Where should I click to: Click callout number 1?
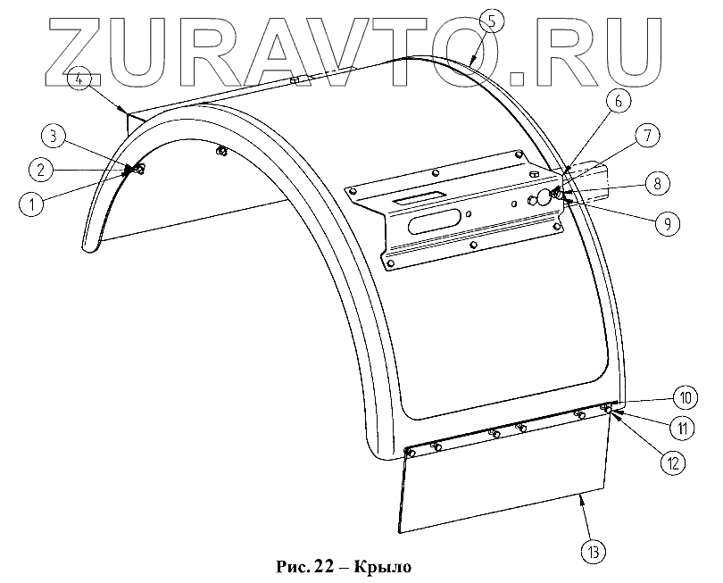pyautogui.click(x=32, y=204)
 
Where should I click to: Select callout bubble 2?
pyautogui.click(x=41, y=167)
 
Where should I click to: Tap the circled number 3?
pyautogui.click(x=54, y=137)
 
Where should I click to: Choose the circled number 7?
pyautogui.click(x=647, y=137)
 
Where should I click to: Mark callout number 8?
pyautogui.click(x=655, y=183)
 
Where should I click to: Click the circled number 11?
pyautogui.click(x=683, y=428)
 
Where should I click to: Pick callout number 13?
pyautogui.click(x=594, y=551)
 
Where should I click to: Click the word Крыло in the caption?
pyautogui.click(x=384, y=566)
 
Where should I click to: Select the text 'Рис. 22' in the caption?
pyautogui.click(x=304, y=566)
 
